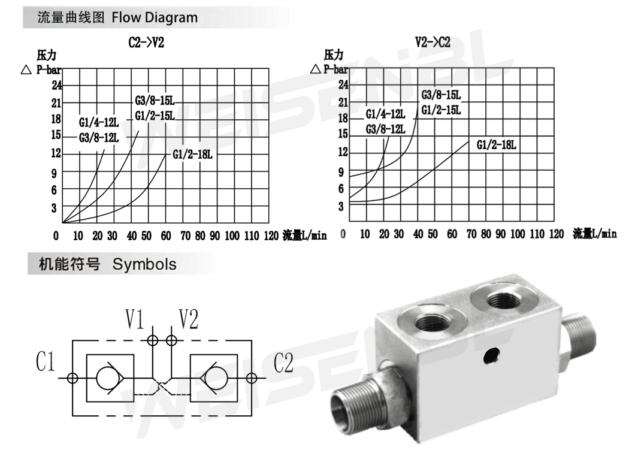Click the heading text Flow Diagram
pos(155,17)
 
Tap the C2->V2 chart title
pos(146,42)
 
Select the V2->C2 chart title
pos(433,42)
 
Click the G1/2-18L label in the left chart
pos(192,155)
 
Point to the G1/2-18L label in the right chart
pos(496,144)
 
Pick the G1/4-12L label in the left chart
pos(99,122)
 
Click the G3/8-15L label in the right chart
pos(441,95)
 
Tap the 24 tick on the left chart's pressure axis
pos(57,85)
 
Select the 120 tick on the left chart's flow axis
pos(271,235)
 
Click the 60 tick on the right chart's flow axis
pos(452,234)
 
